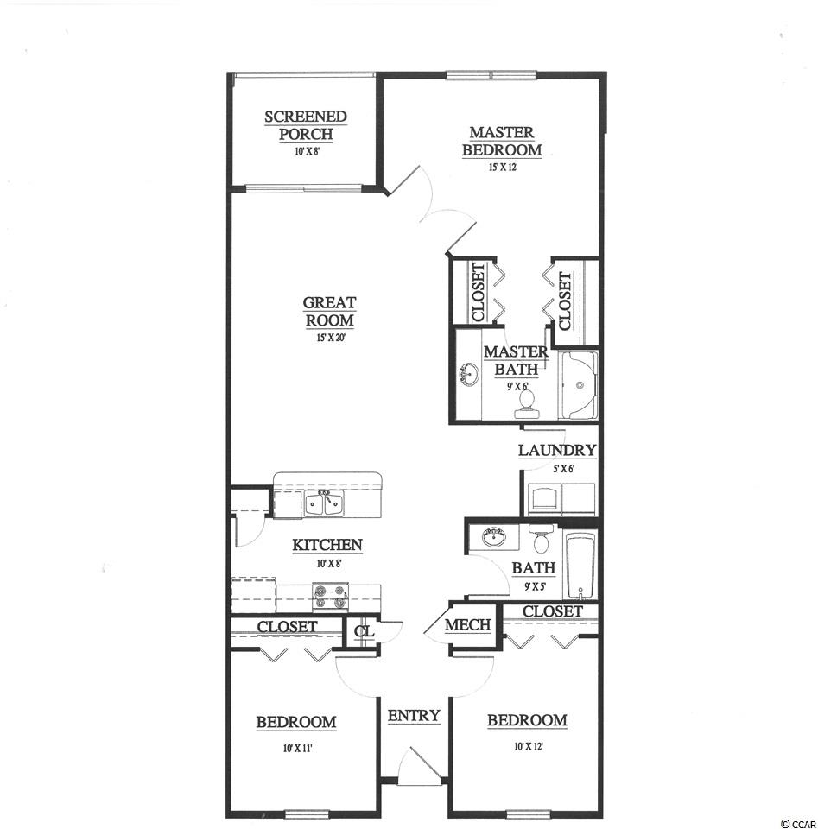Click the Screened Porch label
(x=306, y=125)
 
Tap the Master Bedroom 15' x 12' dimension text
(x=503, y=168)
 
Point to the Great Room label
(x=330, y=312)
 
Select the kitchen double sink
(x=324, y=502)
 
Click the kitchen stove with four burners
(x=331, y=596)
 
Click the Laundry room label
(x=557, y=451)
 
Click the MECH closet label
(x=467, y=625)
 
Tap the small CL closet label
(x=365, y=631)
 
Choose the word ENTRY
(x=414, y=715)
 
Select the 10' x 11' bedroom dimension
(x=298, y=748)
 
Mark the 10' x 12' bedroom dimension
(x=529, y=747)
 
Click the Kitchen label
(x=327, y=545)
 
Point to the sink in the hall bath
(x=494, y=537)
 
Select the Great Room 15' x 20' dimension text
(x=331, y=338)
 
